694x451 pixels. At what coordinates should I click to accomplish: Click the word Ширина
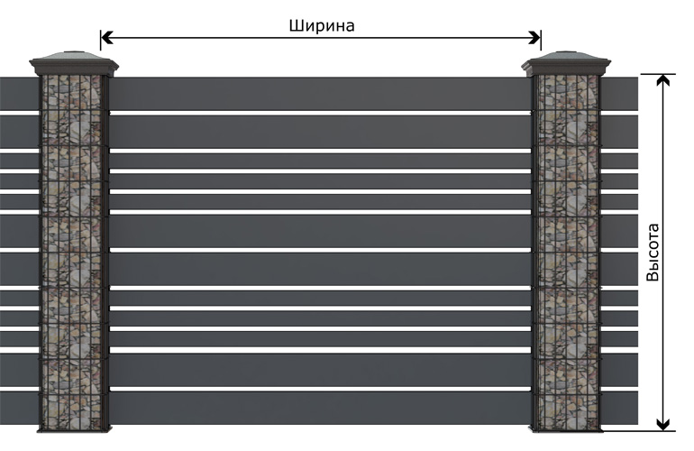point(322,25)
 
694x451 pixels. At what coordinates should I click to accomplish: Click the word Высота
point(653,252)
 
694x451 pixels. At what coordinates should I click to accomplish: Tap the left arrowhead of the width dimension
point(107,38)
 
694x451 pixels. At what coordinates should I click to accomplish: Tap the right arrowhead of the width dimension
point(534,38)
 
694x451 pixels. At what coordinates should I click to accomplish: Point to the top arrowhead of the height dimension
point(662,80)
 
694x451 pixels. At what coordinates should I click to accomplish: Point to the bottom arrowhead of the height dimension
point(662,424)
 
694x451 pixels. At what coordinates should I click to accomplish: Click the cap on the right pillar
point(566,64)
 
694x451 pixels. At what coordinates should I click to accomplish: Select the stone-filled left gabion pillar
point(74,252)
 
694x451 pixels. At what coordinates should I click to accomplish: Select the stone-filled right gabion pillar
point(566,252)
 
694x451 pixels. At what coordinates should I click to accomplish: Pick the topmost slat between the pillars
point(320,94)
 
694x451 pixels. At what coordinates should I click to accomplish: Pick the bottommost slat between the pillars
point(320,408)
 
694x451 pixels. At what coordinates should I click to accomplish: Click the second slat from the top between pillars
point(320,132)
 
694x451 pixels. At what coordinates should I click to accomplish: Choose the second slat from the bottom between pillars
point(320,370)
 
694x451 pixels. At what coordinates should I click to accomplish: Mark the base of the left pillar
point(74,428)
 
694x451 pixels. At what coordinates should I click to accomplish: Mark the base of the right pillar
point(566,428)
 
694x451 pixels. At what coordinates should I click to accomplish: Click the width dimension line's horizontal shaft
point(321,38)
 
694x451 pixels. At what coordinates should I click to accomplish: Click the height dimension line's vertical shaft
point(662,252)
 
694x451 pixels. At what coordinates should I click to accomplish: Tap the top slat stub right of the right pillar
point(619,94)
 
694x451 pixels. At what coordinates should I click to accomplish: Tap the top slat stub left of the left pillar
point(20,94)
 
